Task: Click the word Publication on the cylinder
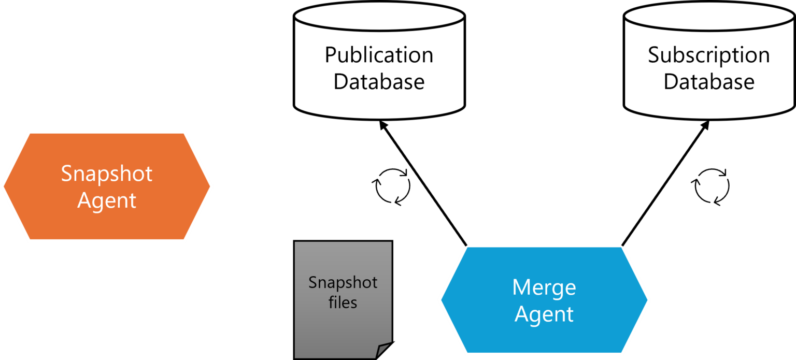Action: (379, 55)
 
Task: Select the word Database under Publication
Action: (379, 82)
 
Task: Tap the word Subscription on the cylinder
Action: (708, 55)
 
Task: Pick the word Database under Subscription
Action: (708, 82)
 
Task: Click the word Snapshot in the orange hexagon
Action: (107, 174)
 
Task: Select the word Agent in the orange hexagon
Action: (107, 200)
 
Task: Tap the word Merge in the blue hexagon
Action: (544, 287)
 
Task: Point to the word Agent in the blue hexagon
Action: (544, 314)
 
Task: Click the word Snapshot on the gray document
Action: (343, 282)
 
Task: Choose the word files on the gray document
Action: (343, 302)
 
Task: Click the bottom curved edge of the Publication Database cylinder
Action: (379, 117)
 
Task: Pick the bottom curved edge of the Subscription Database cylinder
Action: (708, 117)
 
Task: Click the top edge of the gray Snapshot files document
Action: (343, 243)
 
